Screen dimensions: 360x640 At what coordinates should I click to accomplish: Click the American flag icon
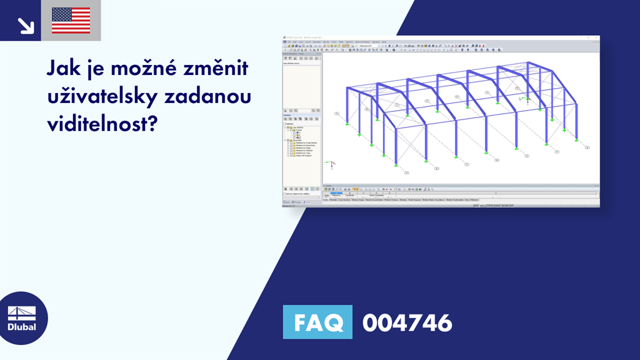(x=71, y=20)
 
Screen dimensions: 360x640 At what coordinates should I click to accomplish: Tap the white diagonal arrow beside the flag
(x=25, y=25)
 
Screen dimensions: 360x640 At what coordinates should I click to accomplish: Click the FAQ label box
(x=317, y=322)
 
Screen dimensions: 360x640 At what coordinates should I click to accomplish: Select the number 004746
(x=407, y=322)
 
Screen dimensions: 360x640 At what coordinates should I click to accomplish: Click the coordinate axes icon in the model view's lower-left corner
(x=329, y=164)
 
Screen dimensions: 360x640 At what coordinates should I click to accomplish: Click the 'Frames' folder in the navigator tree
(x=296, y=130)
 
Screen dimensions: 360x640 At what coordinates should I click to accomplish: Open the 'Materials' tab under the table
(x=333, y=200)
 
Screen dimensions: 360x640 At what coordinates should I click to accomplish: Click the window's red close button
(x=597, y=38)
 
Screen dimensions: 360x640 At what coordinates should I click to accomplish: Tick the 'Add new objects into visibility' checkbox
(x=284, y=194)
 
